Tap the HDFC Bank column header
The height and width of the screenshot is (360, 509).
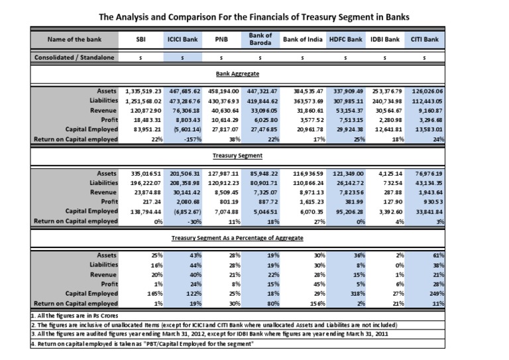(345, 39)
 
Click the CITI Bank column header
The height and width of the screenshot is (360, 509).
(425, 39)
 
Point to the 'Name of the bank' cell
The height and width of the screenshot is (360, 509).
(74, 39)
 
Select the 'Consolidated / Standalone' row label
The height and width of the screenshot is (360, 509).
(74, 58)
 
